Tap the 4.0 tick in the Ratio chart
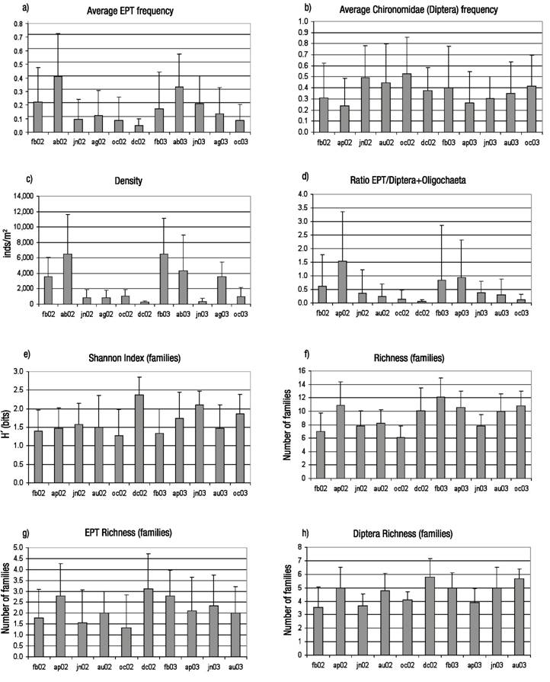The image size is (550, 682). pos(303,195)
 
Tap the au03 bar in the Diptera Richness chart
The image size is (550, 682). pos(520,616)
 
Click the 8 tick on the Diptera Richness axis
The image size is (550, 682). pos(305,547)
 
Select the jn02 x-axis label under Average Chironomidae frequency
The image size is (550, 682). pos(366,140)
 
